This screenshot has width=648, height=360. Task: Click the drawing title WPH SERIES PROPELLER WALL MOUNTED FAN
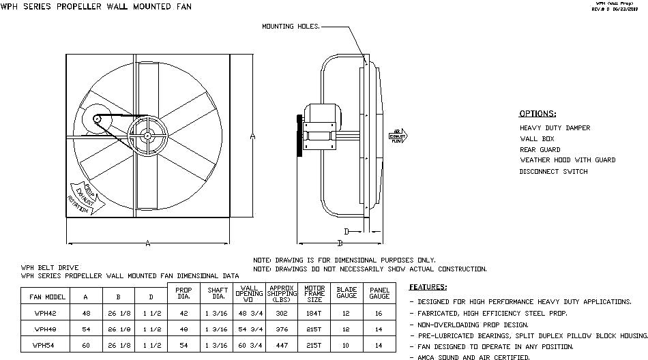(95, 7)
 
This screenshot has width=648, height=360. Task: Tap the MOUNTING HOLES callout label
(290, 27)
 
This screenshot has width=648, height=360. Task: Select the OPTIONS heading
(537, 114)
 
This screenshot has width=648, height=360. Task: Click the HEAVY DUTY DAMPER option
(555, 128)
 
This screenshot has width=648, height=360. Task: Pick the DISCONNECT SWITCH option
(553, 171)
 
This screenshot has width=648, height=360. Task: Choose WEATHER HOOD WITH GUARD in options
(567, 160)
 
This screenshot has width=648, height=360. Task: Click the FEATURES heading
(428, 287)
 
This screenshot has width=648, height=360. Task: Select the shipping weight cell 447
(281, 345)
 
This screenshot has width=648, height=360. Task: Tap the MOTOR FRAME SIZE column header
(314, 294)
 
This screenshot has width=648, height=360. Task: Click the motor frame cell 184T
(314, 314)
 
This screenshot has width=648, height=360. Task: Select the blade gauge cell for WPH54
(347, 345)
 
